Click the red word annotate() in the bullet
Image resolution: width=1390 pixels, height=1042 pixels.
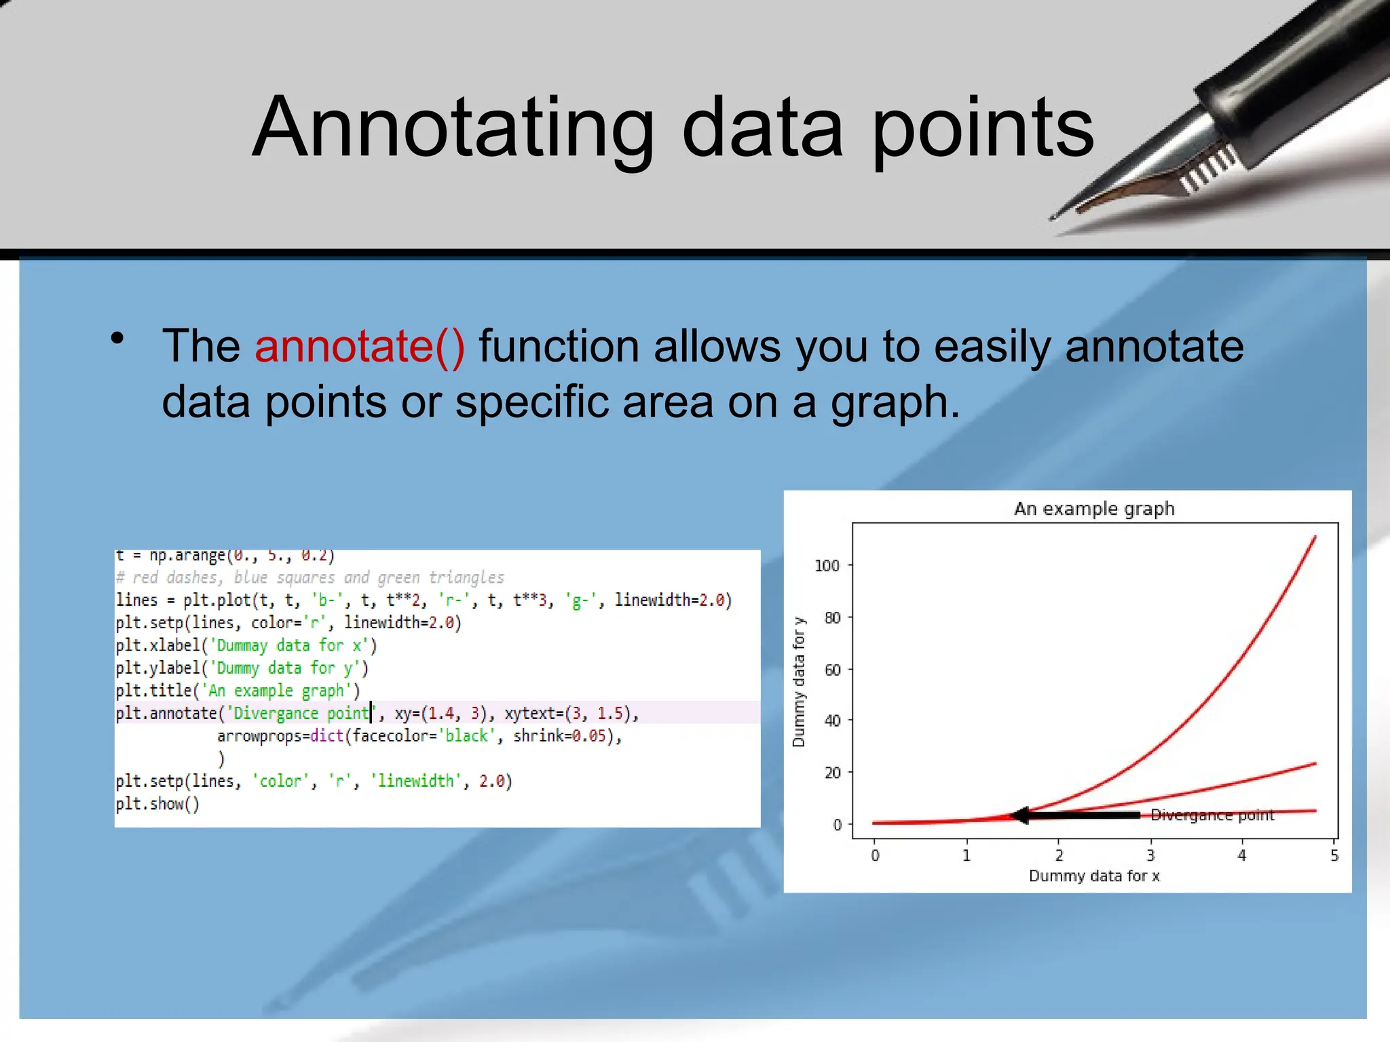pos(360,347)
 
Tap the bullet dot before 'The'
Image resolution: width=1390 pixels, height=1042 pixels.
pos(118,338)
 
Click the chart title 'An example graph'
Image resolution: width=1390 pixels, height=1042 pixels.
pos(1094,509)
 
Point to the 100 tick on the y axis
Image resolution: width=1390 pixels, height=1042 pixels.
pos(827,566)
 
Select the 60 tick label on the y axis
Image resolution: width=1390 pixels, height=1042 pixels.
pos(832,670)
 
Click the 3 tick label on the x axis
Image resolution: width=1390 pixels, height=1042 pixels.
pos(1150,855)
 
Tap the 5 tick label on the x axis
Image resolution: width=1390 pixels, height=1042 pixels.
pos(1334,855)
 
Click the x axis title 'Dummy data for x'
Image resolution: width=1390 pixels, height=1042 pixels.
pos(1094,876)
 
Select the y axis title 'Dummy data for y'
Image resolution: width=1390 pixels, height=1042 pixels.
pos(799,682)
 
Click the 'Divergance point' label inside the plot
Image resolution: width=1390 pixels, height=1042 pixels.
pos(1212,815)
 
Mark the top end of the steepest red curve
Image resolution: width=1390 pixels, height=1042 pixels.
pos(1315,537)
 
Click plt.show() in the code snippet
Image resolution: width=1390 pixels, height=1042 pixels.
pos(157,804)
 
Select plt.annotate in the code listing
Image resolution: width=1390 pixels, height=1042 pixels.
pos(166,714)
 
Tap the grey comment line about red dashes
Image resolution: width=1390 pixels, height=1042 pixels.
pos(309,577)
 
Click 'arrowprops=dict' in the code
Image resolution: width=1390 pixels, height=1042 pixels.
pos(280,736)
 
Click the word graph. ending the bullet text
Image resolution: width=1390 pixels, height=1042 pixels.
pos(895,402)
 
